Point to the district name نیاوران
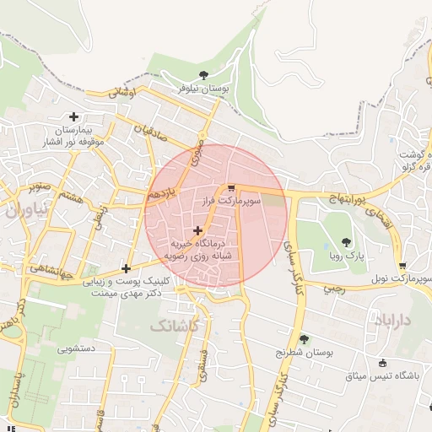pos(22,211)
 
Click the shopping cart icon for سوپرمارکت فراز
pos(231,189)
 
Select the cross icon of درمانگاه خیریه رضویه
pos(197,229)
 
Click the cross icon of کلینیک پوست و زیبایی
pos(126,268)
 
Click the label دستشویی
pos(78,348)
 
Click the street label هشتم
pos(70,196)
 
